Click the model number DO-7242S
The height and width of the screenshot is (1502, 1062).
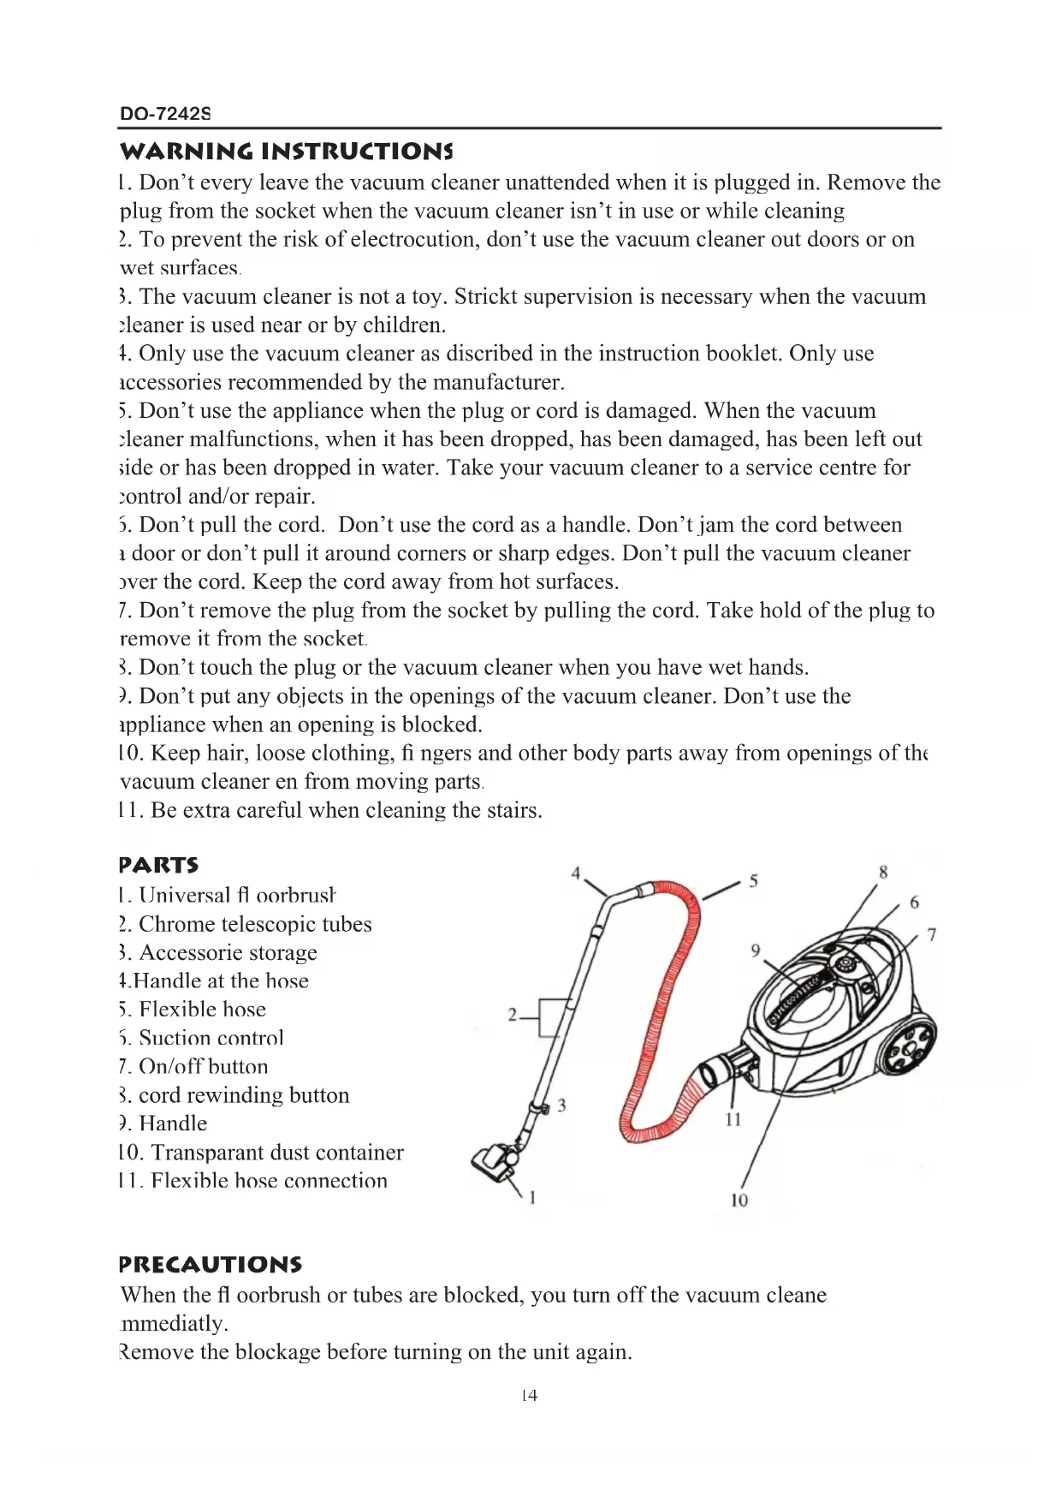[x=165, y=113]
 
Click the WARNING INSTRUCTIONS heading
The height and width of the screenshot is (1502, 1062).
[x=286, y=152]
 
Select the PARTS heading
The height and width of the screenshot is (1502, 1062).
[x=159, y=864]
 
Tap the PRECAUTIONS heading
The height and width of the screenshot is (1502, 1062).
[x=211, y=1264]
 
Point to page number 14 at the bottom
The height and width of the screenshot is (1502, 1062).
[x=530, y=1395]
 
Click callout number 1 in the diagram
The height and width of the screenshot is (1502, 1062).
[x=532, y=1197]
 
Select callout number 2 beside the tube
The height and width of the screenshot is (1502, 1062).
[x=512, y=1016]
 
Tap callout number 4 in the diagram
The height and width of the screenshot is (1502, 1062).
[x=576, y=873]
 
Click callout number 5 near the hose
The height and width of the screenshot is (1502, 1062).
[x=753, y=880]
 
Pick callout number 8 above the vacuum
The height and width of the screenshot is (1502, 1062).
[x=883, y=872]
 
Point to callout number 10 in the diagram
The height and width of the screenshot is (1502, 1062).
[x=739, y=1200]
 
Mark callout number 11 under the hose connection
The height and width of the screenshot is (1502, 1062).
[x=733, y=1119]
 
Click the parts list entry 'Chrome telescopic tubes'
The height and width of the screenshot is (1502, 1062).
[x=255, y=924]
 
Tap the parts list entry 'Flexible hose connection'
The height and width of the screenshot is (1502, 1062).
[x=269, y=1181]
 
